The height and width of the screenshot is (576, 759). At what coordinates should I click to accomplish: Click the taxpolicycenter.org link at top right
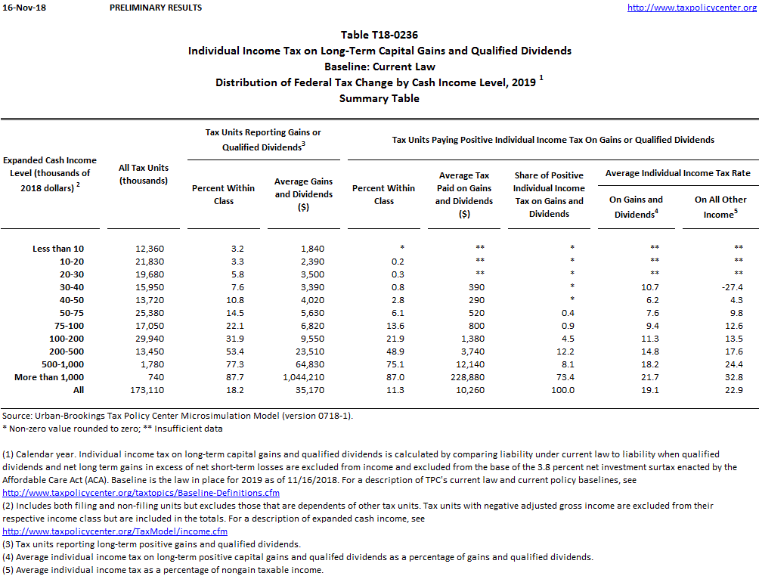click(691, 8)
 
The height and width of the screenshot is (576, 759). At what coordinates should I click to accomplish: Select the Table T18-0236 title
click(379, 35)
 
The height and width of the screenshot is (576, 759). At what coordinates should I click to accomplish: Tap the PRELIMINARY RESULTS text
click(156, 8)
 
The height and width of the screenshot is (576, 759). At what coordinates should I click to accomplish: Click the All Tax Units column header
click(144, 174)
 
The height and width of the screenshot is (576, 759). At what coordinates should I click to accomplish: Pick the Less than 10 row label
click(58, 249)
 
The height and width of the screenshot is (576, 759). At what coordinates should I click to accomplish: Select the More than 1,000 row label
click(49, 377)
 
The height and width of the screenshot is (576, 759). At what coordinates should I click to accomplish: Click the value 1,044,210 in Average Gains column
click(302, 377)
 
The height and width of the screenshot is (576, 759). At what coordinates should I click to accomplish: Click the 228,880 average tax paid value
click(464, 377)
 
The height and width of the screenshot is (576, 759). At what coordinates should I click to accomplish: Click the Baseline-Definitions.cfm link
click(141, 494)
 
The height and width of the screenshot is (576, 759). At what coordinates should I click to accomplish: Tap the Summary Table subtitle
click(379, 98)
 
